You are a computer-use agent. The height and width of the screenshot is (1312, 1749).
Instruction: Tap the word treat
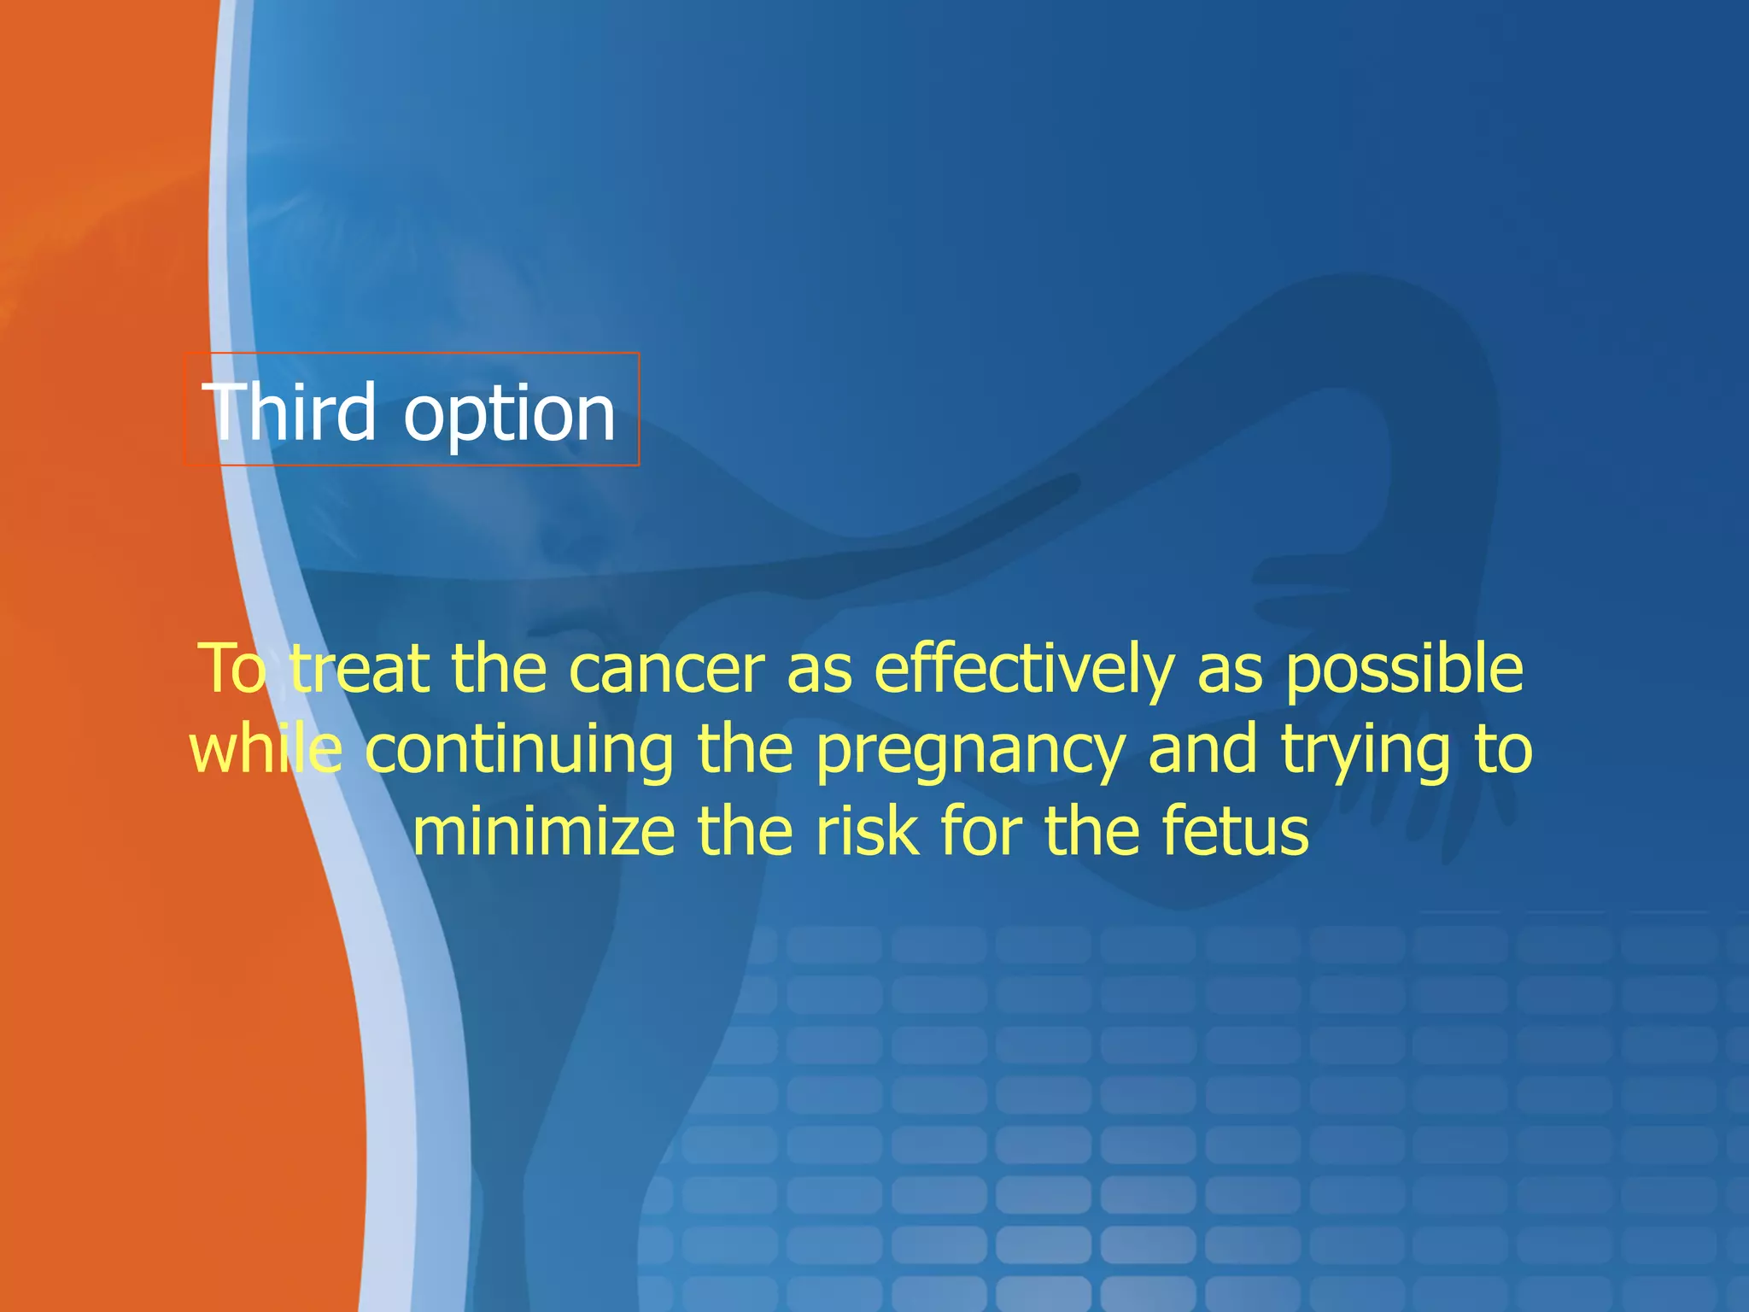pyautogui.click(x=359, y=669)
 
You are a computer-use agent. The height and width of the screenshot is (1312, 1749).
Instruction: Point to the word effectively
pyautogui.click(x=1023, y=669)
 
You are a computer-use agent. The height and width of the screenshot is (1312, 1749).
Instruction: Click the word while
pyautogui.click(x=266, y=749)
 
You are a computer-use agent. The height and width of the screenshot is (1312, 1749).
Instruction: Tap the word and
pyautogui.click(x=1202, y=749)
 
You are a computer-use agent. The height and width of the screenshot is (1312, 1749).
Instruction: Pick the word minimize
pyautogui.click(x=543, y=831)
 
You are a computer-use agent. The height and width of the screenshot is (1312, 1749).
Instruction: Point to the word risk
pyautogui.click(x=868, y=831)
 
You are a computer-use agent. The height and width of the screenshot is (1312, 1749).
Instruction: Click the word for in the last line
pyautogui.click(x=980, y=831)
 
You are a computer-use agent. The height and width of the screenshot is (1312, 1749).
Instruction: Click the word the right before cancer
pyautogui.click(x=499, y=669)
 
